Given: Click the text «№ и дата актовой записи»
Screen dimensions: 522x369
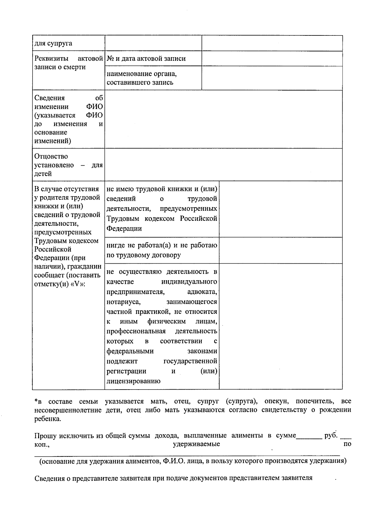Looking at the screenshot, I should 146,59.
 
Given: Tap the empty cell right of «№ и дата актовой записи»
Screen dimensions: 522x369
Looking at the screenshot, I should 272,59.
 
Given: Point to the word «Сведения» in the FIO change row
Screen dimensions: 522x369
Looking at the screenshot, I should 50,98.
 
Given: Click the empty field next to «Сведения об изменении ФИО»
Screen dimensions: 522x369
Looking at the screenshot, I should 223,119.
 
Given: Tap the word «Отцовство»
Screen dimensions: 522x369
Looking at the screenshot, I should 51,156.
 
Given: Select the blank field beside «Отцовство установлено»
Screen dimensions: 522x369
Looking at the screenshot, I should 223,165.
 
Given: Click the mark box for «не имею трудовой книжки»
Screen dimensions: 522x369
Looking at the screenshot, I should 280,209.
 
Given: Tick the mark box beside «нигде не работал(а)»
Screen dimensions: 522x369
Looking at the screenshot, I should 280,250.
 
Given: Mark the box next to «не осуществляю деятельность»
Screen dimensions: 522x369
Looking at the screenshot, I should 280,326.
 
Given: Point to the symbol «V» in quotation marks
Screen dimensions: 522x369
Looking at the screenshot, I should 77,284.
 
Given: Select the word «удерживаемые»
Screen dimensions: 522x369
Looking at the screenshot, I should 196,444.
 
